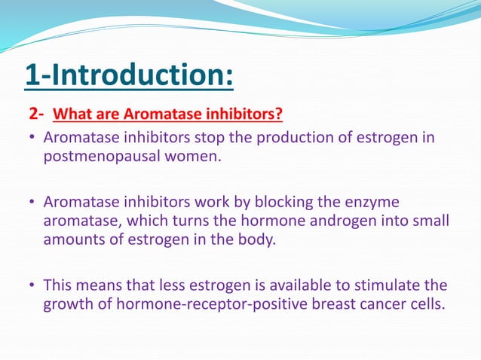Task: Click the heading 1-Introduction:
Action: click(128, 76)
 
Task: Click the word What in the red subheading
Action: click(73, 115)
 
